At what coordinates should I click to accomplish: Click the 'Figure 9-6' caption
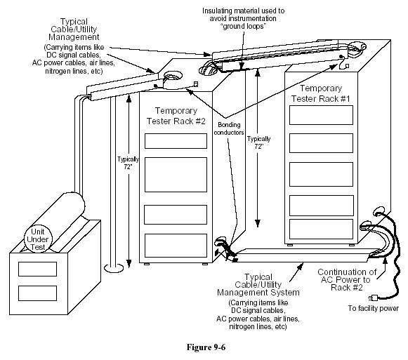(x=206, y=347)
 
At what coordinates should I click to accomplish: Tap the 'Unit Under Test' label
(x=38, y=239)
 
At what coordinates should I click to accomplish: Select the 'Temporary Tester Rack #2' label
(x=176, y=116)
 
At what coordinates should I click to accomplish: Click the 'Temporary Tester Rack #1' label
(x=320, y=93)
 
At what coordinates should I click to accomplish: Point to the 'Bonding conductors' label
(x=229, y=128)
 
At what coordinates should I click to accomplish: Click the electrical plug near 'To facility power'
(x=373, y=297)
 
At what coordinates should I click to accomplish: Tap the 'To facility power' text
(x=374, y=309)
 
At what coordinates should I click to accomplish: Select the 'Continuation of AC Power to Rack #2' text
(x=347, y=280)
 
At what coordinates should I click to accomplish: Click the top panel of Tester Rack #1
(x=321, y=115)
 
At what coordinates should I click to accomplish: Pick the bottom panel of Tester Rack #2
(x=176, y=246)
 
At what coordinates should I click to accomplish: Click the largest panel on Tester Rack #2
(x=176, y=175)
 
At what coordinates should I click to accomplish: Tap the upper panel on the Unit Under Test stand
(x=37, y=269)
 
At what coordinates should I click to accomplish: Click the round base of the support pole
(x=114, y=268)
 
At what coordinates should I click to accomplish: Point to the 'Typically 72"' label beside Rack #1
(x=258, y=142)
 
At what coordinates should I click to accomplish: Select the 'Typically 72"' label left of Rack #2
(x=128, y=163)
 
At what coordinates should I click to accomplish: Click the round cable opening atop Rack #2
(x=173, y=76)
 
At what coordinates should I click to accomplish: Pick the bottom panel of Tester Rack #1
(x=321, y=229)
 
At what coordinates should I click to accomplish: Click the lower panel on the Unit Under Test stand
(x=37, y=293)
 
